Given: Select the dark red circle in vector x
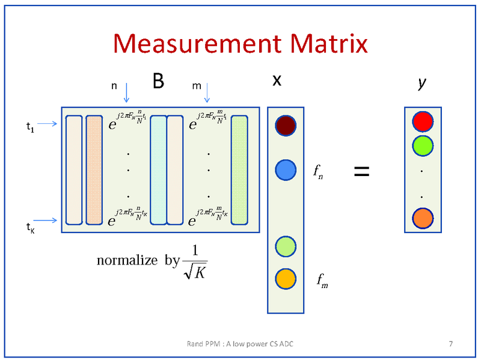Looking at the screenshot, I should [x=286, y=125].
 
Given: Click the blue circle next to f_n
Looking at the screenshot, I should [x=286, y=170].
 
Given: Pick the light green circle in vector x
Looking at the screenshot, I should [x=286, y=246].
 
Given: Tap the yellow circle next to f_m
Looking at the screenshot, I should [x=286, y=278].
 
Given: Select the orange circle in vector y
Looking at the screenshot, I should [x=423, y=218].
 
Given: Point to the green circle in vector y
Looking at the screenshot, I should [x=423, y=145].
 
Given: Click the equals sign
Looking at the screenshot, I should [x=361, y=171].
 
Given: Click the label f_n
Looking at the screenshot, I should [x=319, y=172].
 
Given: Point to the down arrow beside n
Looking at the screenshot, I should [x=126, y=92].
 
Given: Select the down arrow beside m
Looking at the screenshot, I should [x=207, y=92].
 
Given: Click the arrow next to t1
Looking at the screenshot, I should [x=47, y=124].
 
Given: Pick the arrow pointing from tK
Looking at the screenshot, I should [x=47, y=221].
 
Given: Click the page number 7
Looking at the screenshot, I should [x=450, y=344].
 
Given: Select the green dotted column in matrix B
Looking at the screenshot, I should [x=239, y=171].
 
